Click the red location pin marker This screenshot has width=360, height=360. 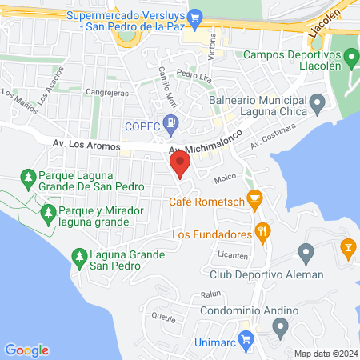[x=180, y=165]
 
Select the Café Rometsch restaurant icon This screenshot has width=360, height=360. [x=255, y=198]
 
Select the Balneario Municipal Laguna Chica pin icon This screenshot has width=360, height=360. [x=318, y=102]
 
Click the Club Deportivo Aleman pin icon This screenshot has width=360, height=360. [x=305, y=254]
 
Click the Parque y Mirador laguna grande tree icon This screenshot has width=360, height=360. [x=46, y=213]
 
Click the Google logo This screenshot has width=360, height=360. [x=27, y=350]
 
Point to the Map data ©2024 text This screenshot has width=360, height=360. [x=324, y=354]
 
